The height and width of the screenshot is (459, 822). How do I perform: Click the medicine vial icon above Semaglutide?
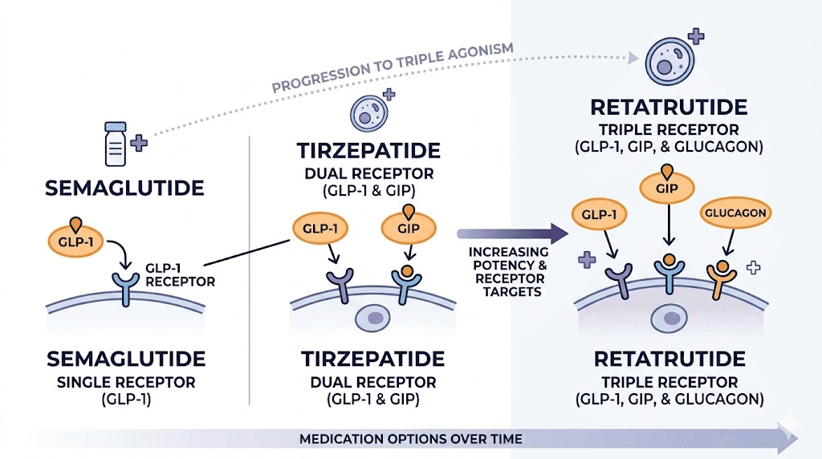[x=116, y=144]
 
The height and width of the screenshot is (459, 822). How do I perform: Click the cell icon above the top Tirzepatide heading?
[x=368, y=112]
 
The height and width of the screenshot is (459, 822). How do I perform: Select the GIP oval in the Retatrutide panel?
[x=665, y=189]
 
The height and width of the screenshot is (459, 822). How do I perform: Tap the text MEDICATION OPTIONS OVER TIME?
[x=410, y=439]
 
